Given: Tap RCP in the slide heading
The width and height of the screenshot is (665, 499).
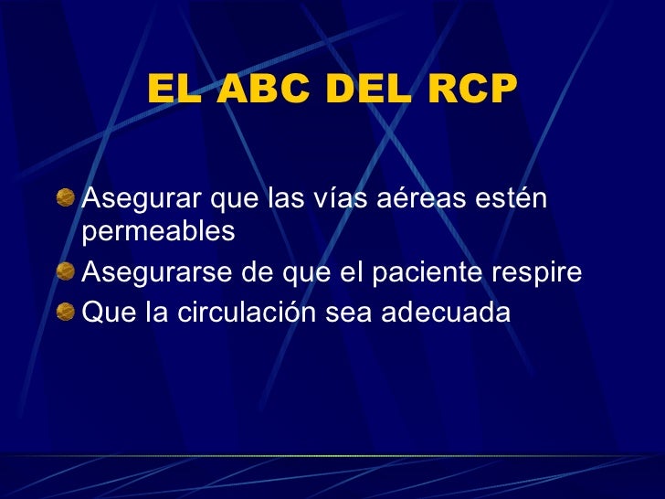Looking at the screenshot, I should pyautogui.click(x=470, y=90).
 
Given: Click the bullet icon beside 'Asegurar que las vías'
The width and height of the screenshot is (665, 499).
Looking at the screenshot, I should pyautogui.click(x=66, y=196).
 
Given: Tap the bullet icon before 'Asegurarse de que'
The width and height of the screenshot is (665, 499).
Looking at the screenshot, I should pyautogui.click(x=66, y=272).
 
